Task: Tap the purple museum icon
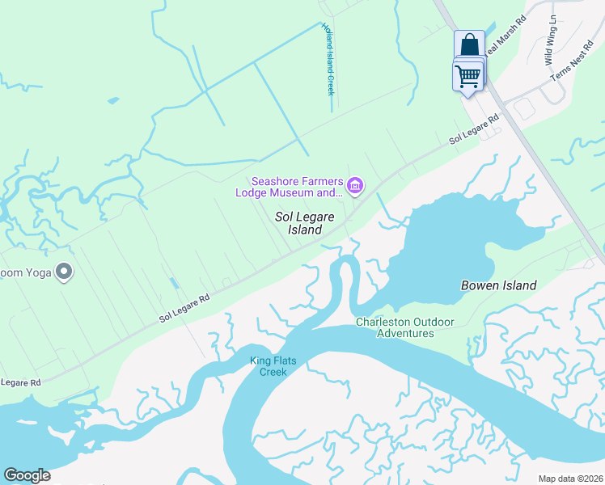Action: point(354,187)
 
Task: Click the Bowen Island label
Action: point(498,285)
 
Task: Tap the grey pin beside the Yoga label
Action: point(63,272)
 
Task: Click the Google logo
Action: point(27,475)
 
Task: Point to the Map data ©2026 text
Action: point(569,479)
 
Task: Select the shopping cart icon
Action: point(467,77)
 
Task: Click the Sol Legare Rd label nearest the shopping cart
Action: point(474,132)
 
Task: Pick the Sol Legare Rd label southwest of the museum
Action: point(184,307)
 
